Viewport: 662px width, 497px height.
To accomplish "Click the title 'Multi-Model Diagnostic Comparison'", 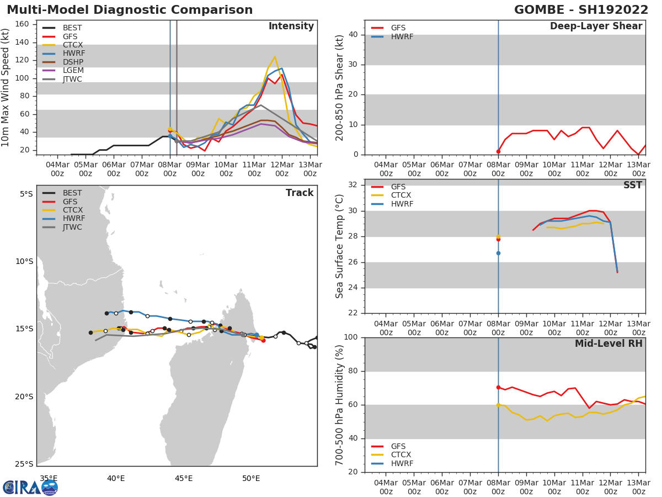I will (130, 10).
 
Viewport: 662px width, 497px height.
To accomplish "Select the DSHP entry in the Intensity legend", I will (73, 62).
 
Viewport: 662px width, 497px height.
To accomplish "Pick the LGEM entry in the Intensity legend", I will (73, 71).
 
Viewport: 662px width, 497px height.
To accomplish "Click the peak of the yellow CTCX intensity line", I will (275, 56).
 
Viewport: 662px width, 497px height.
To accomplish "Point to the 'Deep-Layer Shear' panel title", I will (596, 27).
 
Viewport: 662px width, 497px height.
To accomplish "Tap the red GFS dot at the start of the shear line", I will (498, 151).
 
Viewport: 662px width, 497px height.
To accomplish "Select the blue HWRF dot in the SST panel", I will (498, 253).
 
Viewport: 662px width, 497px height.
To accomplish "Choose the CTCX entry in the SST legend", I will (401, 195).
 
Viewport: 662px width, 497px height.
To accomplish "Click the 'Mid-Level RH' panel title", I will (608, 343).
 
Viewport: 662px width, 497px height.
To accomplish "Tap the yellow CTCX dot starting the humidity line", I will (498, 405).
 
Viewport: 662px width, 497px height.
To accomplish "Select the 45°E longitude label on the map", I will (183, 478).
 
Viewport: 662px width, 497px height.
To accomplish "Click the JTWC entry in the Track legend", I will (72, 227).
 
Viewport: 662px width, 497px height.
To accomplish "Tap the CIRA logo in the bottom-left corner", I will (30, 487).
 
